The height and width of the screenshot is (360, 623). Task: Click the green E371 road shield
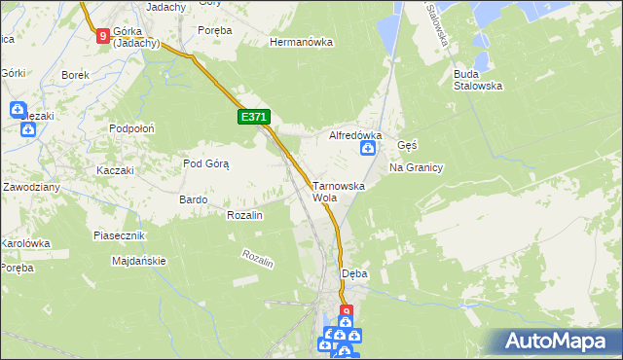[x=253, y=117]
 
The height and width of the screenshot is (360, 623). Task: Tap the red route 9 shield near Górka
[x=103, y=36]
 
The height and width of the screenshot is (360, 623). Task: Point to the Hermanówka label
[x=301, y=43]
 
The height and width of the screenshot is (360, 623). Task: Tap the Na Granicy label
[x=416, y=167]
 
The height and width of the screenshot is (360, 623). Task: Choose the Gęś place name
[x=408, y=145]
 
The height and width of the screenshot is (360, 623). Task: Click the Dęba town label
[x=354, y=274]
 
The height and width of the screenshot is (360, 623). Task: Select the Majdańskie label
[x=139, y=261]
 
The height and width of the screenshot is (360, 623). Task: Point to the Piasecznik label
[x=119, y=236]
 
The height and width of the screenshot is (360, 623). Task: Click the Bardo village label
[x=193, y=199]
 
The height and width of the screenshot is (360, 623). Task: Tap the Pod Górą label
[x=205, y=163]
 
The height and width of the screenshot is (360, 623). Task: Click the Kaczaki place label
[x=114, y=170]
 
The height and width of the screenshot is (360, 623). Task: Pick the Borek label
[x=75, y=75]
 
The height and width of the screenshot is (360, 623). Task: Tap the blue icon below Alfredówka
[x=369, y=149]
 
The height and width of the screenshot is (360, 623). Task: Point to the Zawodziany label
[x=31, y=186]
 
